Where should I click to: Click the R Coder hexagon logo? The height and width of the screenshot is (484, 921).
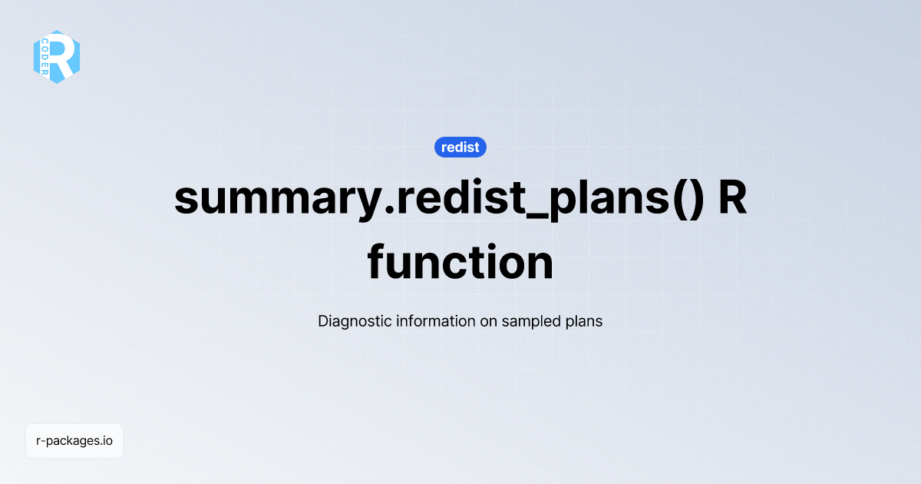(x=57, y=57)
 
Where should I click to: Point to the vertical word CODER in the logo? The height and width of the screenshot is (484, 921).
(x=46, y=56)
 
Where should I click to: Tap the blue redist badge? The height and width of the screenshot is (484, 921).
(x=460, y=147)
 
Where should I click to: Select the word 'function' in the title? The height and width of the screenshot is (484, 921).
(x=460, y=262)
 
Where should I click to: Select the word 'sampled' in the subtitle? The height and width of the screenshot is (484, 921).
(x=531, y=321)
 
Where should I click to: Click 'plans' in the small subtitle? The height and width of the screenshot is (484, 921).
(x=583, y=321)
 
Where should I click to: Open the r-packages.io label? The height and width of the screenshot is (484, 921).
(x=74, y=441)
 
